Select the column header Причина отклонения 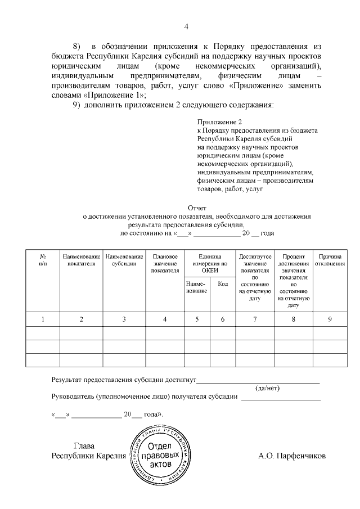point(330,260)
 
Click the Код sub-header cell point(222,284)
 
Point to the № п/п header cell point(43,260)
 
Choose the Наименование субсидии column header point(124,260)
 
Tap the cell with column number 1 point(43,319)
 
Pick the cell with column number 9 point(330,319)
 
